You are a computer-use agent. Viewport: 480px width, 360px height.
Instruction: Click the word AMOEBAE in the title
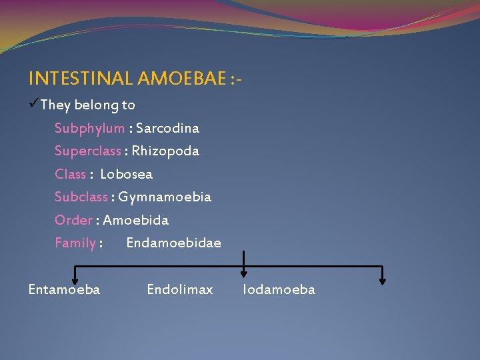coord(180,79)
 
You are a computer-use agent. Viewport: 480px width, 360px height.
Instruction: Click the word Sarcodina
coord(167,128)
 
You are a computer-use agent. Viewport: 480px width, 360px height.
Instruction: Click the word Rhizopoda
coord(165,151)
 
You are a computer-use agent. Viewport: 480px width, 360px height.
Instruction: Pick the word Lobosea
coord(126,174)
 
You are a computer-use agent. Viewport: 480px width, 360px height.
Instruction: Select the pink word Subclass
coord(82,197)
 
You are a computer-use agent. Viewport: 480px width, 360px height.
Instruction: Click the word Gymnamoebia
coord(165,197)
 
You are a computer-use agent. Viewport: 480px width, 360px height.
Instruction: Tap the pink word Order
coord(73,220)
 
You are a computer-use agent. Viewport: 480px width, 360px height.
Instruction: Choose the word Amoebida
coord(135,220)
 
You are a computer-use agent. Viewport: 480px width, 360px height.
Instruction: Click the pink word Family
coord(75,243)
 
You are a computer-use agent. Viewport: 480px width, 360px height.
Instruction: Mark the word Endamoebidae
coord(173,243)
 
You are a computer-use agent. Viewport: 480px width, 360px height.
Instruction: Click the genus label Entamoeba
coord(64,289)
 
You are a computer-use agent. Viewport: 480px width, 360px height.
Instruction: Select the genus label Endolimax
coord(180,289)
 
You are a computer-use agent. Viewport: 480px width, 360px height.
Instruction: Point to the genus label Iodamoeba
coord(279,289)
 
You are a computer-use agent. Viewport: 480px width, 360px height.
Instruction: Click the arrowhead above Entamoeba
coord(75,280)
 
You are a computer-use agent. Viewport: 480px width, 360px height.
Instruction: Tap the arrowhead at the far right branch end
coord(382,280)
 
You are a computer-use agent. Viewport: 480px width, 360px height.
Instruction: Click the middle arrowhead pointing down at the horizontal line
coord(244,272)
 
